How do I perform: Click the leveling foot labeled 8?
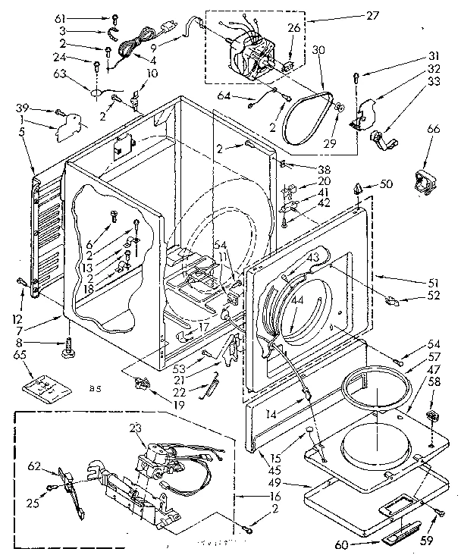pos(69,351)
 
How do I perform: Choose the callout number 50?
pos(387,184)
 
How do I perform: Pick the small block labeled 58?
pos(434,416)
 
